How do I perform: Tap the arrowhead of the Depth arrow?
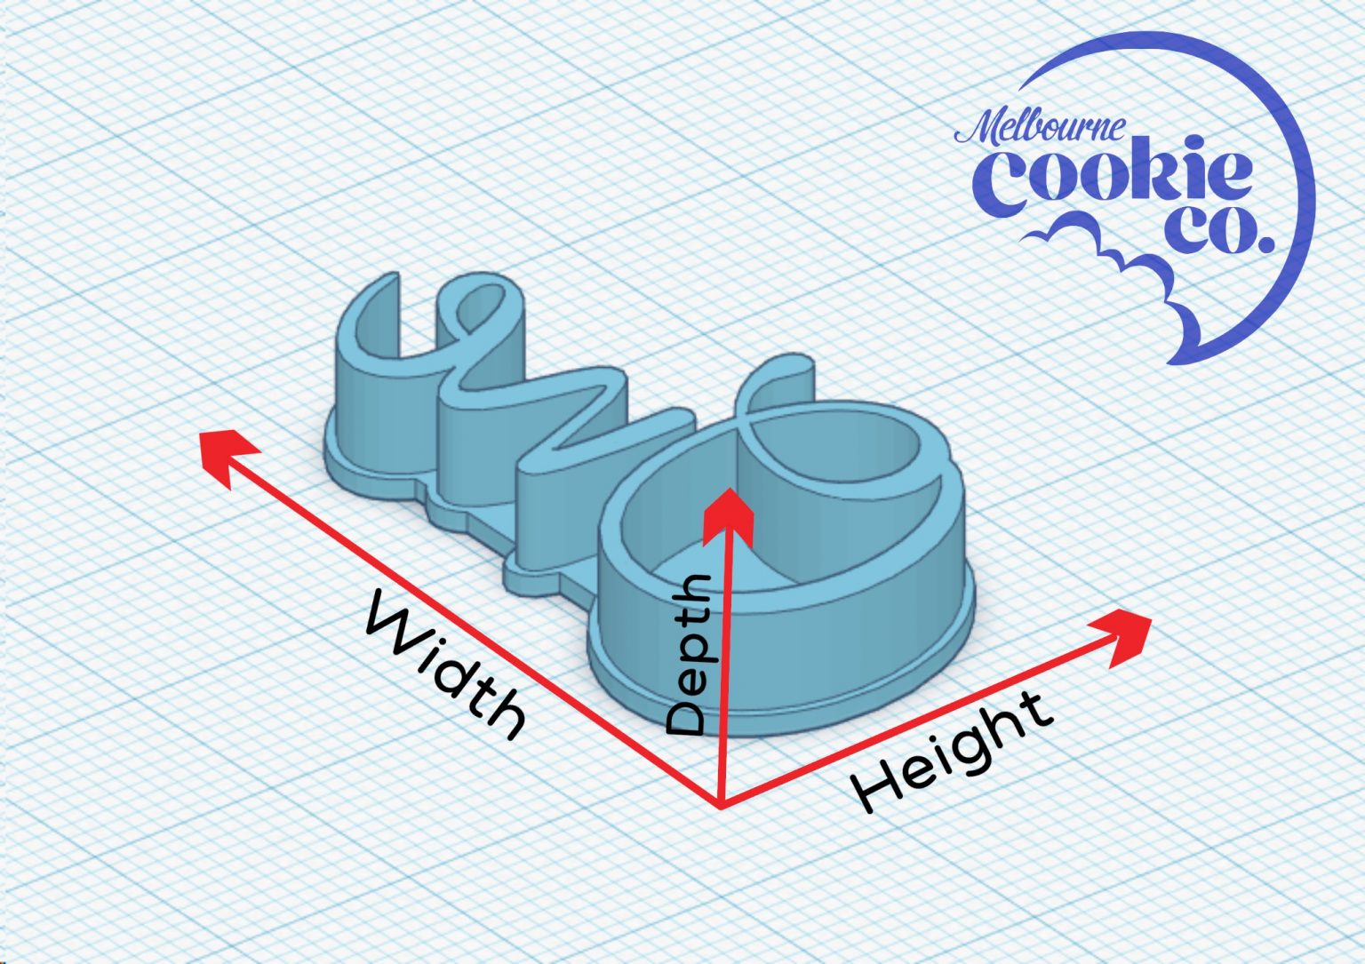click(x=728, y=514)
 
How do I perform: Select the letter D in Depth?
click(x=690, y=716)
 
